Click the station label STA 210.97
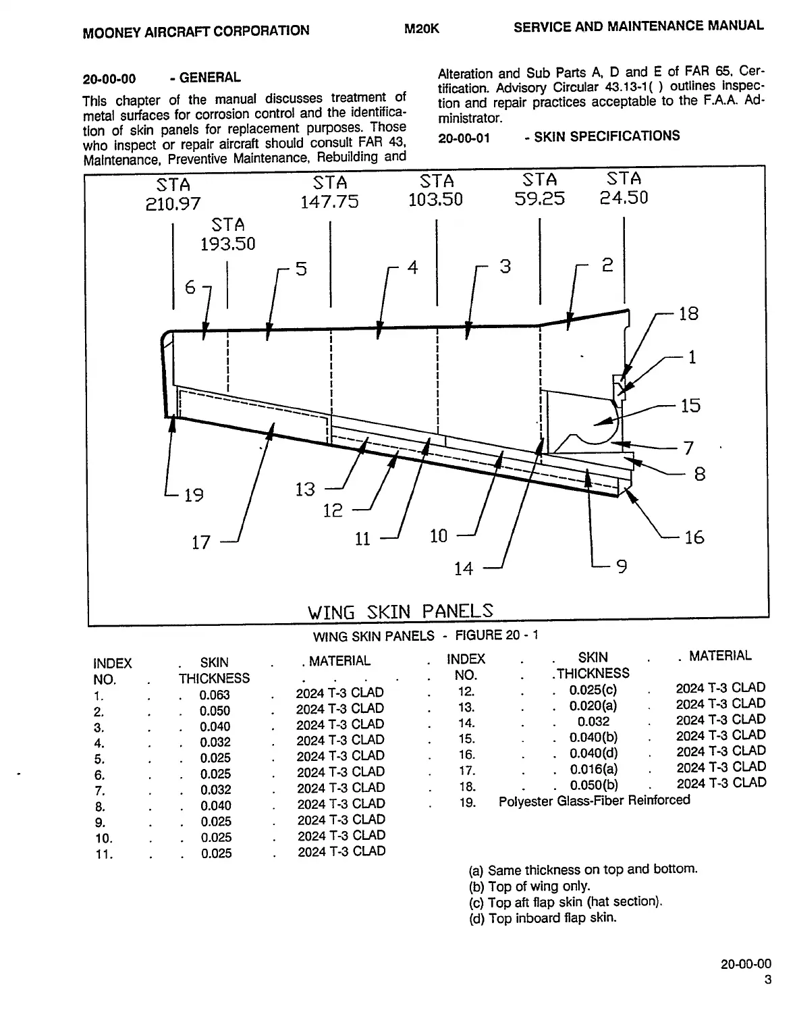[x=173, y=194]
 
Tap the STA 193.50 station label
[x=228, y=234]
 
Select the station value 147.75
[x=329, y=202]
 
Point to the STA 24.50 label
[x=624, y=188]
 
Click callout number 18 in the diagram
[x=688, y=314]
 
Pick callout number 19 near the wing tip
[x=194, y=496]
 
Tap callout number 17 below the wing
[x=201, y=543]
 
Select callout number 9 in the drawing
[x=622, y=566]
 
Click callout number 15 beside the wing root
[x=690, y=406]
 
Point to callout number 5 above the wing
[x=301, y=269]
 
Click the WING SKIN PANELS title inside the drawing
[x=400, y=612]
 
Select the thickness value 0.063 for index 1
[x=214, y=695]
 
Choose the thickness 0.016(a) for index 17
[x=593, y=769]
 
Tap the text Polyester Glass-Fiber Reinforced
[x=594, y=801]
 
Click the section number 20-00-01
[x=464, y=138]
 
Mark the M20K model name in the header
[x=422, y=29]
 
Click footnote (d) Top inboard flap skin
[x=543, y=918]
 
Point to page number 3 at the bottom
[x=767, y=980]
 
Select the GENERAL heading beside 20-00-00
[x=210, y=78]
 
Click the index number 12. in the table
[x=466, y=691]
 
